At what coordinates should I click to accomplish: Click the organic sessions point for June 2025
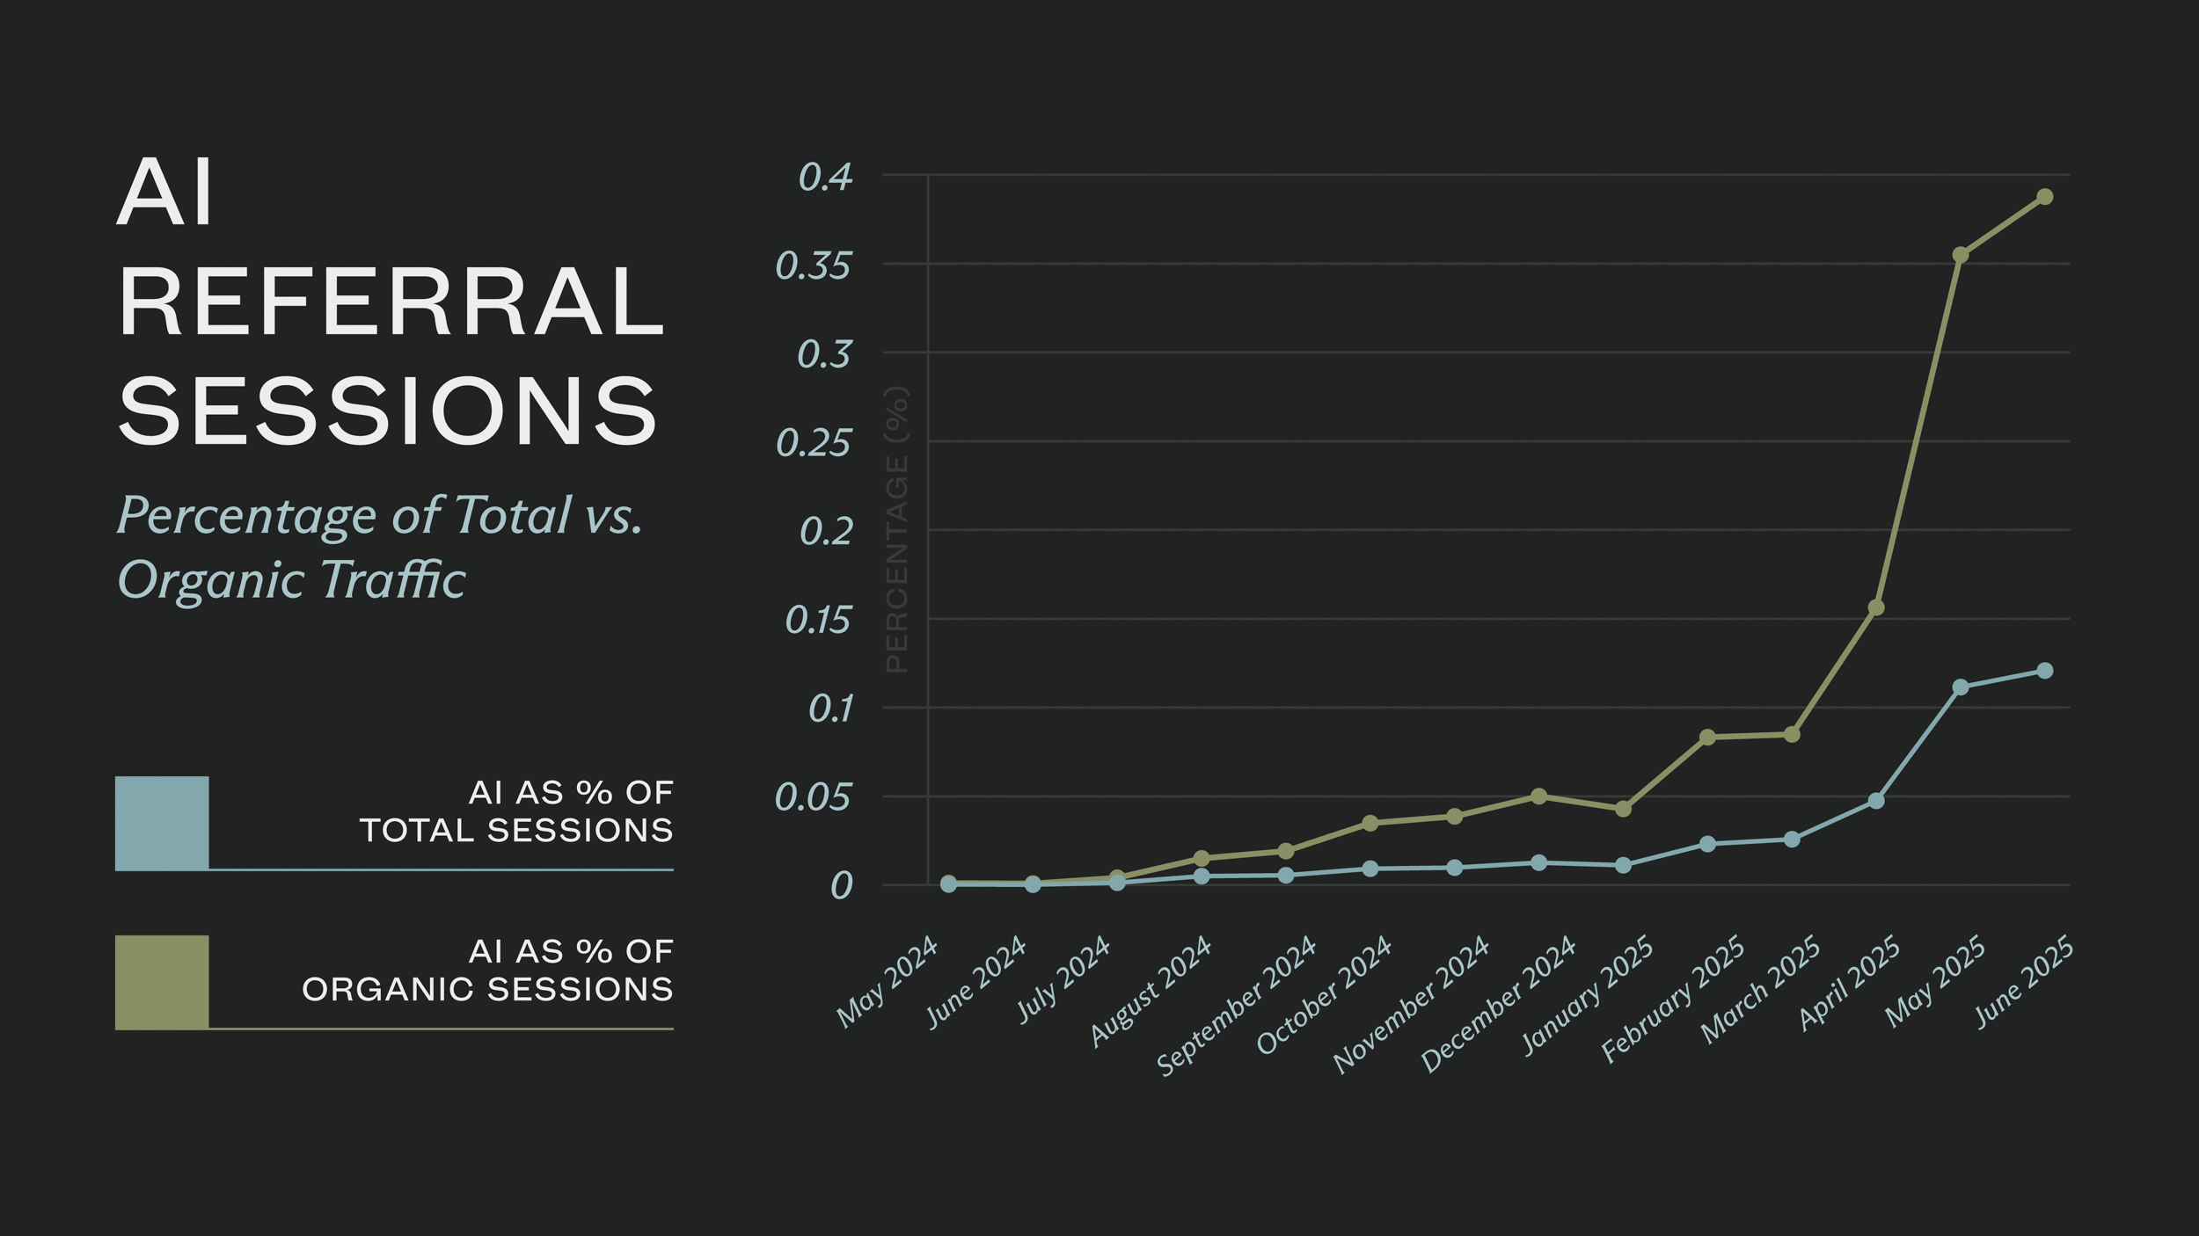tap(2044, 197)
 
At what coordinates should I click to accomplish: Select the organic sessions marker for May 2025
tap(1961, 255)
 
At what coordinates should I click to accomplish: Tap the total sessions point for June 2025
tap(2044, 671)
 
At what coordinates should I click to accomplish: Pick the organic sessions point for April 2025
tap(1876, 607)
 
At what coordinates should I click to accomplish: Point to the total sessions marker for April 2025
tap(1876, 801)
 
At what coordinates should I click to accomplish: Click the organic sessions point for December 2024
tap(1538, 796)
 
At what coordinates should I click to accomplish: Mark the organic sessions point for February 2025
tap(1707, 738)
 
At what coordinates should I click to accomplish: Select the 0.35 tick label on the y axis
tap(813, 266)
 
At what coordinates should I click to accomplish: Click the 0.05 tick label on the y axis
tap(813, 798)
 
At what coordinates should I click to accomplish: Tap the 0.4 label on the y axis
tap(825, 178)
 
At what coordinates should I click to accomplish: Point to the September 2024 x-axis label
tap(1236, 1007)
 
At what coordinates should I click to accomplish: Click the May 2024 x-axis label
tap(887, 983)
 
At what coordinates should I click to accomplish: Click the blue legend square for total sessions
tap(162, 823)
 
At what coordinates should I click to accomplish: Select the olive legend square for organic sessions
tap(162, 982)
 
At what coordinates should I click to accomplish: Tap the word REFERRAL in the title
tap(391, 302)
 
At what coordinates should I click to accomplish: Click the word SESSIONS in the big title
tap(387, 411)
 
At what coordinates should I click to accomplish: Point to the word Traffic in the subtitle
tap(392, 581)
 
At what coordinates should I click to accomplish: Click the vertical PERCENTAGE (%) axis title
tap(896, 530)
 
